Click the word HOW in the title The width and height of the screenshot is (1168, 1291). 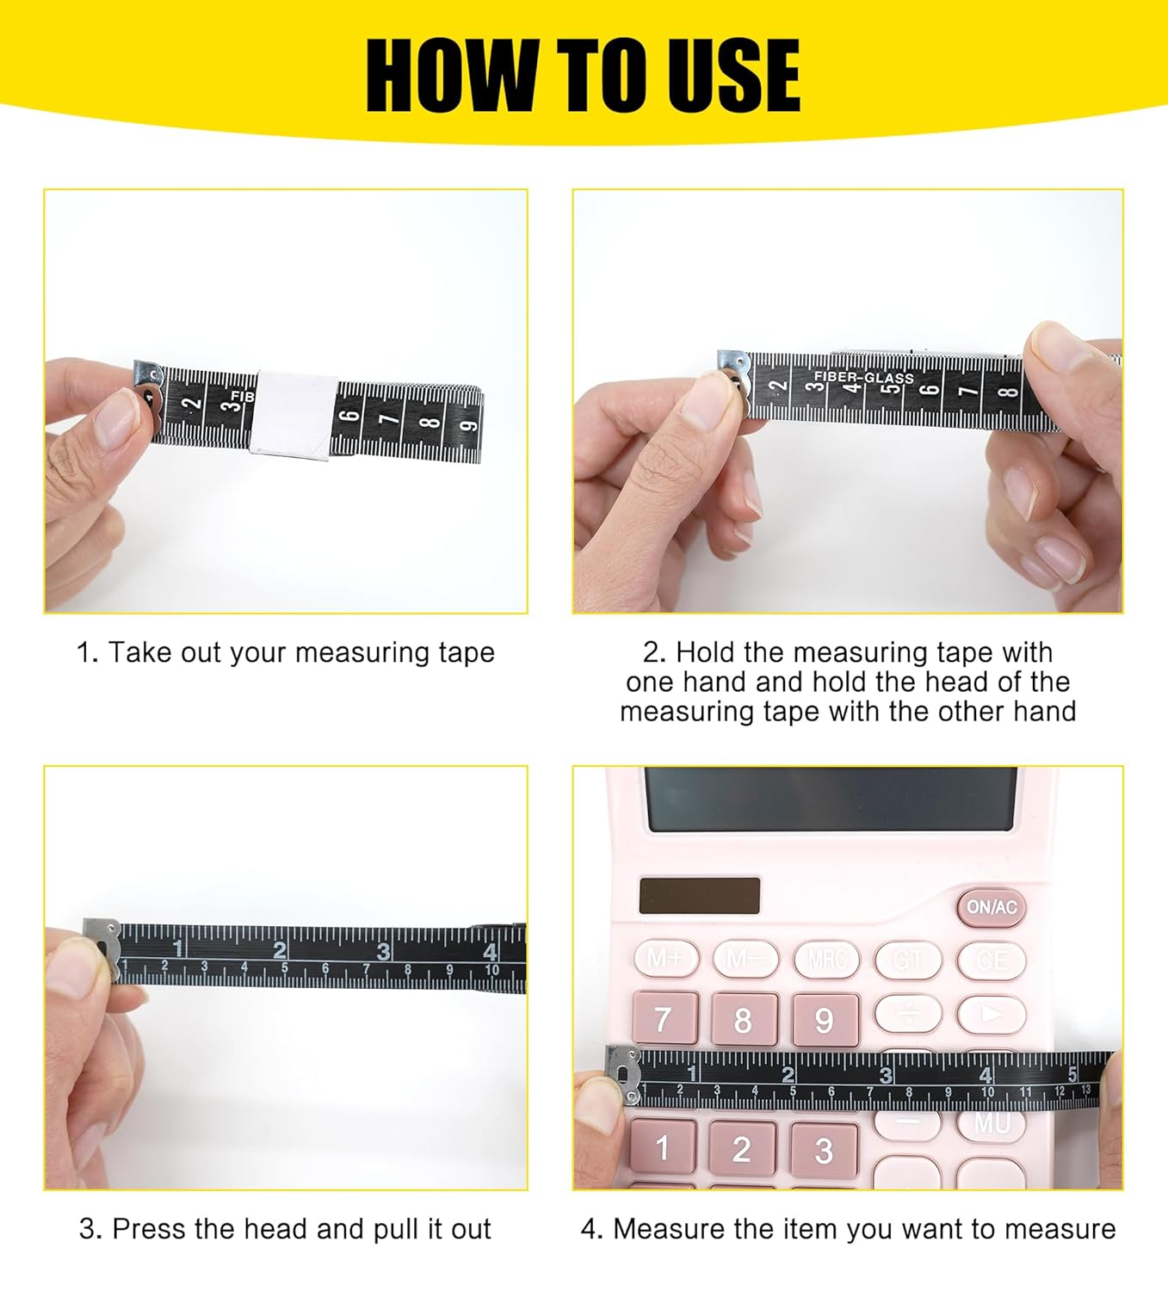448,76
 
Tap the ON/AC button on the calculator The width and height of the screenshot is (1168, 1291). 992,907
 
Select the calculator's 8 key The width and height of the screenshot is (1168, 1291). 742,1020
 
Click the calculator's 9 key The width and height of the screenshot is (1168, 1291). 824,1020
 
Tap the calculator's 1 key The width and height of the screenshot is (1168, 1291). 662,1148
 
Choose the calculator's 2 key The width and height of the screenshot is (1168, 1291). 742,1148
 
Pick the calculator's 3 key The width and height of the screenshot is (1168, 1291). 824,1150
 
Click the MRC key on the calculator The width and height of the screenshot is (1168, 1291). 826,959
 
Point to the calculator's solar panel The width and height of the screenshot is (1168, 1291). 700,896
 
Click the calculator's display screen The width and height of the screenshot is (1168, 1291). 831,800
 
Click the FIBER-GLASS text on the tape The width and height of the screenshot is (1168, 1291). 863,377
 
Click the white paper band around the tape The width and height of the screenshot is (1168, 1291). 292,415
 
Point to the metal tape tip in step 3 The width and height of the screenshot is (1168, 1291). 102,945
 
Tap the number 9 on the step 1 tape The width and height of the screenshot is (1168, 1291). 469,425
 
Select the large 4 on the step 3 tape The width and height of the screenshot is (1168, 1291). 490,952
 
